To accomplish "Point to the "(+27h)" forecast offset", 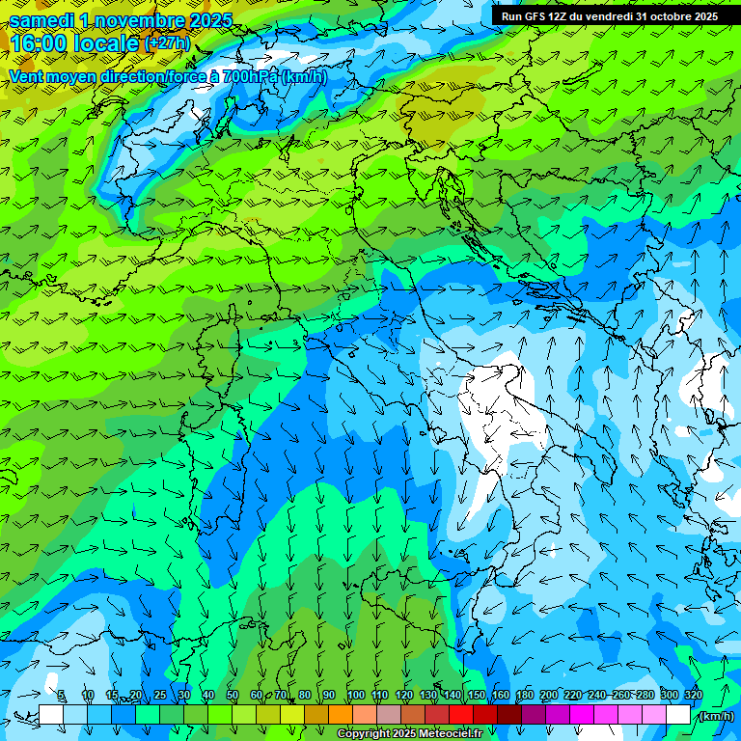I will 166,43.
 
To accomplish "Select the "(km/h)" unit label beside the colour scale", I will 716,715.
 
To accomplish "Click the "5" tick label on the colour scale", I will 62,696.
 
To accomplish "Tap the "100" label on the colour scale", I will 356,696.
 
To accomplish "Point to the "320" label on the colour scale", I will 694,696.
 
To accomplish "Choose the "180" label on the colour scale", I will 525,696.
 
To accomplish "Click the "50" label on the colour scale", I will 233,696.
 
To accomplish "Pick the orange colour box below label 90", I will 340,715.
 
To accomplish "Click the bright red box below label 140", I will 460,715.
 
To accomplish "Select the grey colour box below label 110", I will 388,715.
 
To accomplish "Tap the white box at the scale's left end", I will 50,715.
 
